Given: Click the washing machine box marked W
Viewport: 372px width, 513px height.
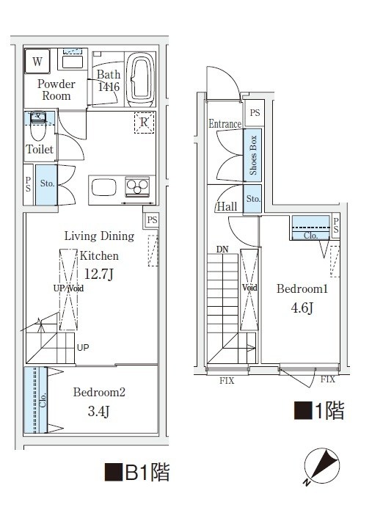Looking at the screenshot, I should (x=37, y=61).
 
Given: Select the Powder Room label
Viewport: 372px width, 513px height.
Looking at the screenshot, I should (x=56, y=90).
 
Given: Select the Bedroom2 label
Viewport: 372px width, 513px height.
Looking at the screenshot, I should (x=99, y=393).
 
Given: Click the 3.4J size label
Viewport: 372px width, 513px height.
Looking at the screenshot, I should (x=100, y=412).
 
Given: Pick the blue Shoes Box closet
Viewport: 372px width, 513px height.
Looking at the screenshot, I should (x=253, y=156).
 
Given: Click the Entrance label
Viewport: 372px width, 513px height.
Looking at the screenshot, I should (x=225, y=124).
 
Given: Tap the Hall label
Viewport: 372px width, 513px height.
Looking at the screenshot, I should (x=227, y=207).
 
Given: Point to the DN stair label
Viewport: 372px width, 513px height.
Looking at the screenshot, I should (x=222, y=250).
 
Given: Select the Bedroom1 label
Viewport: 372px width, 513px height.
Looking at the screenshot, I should (x=302, y=289).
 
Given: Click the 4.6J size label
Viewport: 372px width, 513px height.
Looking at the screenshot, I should (x=302, y=308).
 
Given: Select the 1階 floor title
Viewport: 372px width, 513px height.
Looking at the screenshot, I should (x=319, y=410).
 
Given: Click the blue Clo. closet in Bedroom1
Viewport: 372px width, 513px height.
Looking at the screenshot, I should (x=310, y=228).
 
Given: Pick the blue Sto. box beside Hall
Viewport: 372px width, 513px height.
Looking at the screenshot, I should (x=253, y=199).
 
